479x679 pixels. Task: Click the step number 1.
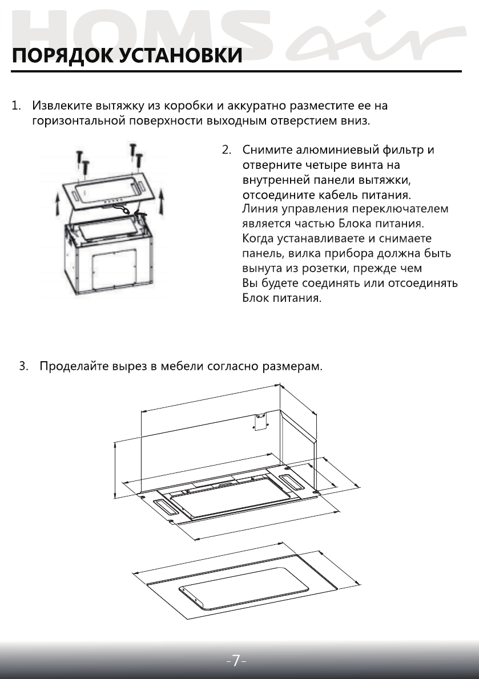coord(17,107)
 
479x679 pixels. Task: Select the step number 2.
coord(226,151)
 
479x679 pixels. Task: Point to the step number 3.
coord(23,366)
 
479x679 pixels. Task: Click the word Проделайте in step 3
coord(73,366)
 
